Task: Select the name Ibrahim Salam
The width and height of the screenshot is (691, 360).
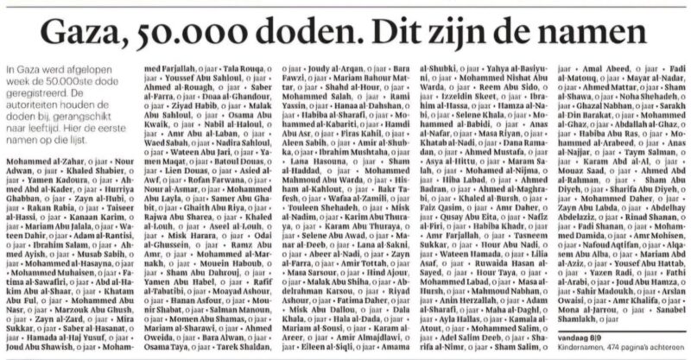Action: point(48,267)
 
